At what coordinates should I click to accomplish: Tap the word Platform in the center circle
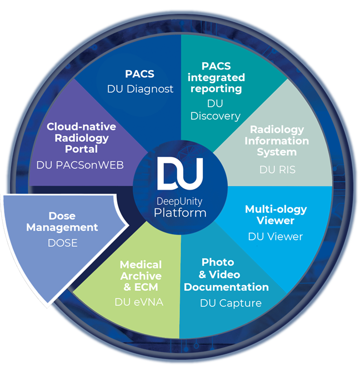(180, 212)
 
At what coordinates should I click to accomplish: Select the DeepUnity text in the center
(180, 201)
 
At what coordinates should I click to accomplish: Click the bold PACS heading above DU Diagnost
(140, 75)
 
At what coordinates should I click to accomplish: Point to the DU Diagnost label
(140, 88)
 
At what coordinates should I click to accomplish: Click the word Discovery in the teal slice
(215, 116)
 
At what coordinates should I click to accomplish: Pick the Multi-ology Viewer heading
(276, 215)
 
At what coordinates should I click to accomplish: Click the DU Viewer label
(276, 236)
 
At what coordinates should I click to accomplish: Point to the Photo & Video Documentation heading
(226, 274)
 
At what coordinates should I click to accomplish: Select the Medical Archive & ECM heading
(141, 276)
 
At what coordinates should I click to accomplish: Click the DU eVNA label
(141, 303)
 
